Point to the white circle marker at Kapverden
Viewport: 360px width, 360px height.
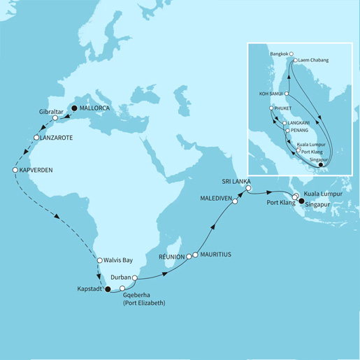[x=15, y=170]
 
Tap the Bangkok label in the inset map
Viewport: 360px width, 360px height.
[x=278, y=52]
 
